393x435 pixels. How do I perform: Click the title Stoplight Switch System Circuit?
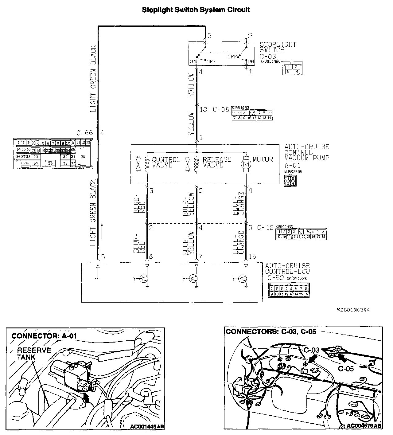[196, 10]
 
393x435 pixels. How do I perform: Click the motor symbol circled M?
[246, 165]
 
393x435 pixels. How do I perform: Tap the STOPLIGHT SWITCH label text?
[278, 47]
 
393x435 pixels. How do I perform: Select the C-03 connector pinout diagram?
[292, 68]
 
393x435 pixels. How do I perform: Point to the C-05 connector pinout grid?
[252, 115]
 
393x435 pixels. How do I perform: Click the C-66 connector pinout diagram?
[53, 153]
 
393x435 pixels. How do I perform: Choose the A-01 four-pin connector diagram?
[290, 181]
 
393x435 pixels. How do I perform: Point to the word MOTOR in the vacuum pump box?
[263, 159]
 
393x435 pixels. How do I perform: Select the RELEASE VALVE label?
[217, 162]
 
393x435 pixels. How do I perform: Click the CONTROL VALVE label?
[166, 162]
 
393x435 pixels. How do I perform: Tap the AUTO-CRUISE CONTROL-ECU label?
[287, 268]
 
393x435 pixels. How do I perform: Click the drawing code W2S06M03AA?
[353, 310]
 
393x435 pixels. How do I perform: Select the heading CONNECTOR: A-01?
[44, 336]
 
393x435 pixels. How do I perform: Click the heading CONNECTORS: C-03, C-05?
[271, 331]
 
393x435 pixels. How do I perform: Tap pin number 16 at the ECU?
[252, 257]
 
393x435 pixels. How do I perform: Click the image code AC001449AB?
[147, 426]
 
